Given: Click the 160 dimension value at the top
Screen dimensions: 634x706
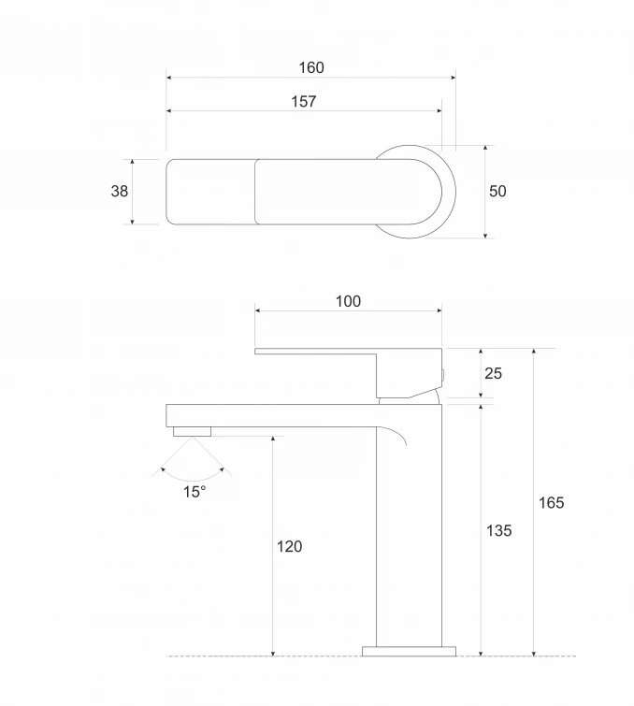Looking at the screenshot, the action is click(311, 67).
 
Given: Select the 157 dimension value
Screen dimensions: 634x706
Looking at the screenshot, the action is click(304, 101).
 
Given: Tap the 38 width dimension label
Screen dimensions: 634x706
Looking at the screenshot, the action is click(120, 191).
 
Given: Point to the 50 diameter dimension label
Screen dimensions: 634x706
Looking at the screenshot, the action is click(497, 191).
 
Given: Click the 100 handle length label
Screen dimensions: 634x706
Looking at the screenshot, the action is click(348, 301).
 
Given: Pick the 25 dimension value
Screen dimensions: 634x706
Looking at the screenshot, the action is click(493, 373).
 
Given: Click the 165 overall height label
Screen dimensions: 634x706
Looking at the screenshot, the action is click(551, 502).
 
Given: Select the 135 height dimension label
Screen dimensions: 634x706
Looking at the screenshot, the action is click(499, 530).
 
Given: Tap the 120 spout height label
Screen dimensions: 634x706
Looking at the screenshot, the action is click(289, 547).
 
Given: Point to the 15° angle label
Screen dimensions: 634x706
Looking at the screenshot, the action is click(195, 492).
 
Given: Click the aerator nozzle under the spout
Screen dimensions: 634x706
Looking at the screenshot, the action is click(193, 432).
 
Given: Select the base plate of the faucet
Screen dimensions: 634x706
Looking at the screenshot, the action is click(409, 651).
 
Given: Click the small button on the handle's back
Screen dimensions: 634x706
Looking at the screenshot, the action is click(443, 376).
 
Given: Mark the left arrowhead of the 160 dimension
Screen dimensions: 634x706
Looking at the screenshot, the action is click(169, 78).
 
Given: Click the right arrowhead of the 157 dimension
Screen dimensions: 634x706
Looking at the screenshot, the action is click(439, 110).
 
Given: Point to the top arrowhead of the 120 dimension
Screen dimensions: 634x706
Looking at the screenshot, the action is click(273, 439).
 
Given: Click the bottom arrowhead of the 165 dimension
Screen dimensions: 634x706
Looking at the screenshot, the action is click(534, 653).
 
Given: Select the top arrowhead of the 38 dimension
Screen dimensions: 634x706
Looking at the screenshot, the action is click(133, 162).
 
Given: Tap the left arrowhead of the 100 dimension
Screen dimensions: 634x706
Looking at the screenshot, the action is click(257, 310).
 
